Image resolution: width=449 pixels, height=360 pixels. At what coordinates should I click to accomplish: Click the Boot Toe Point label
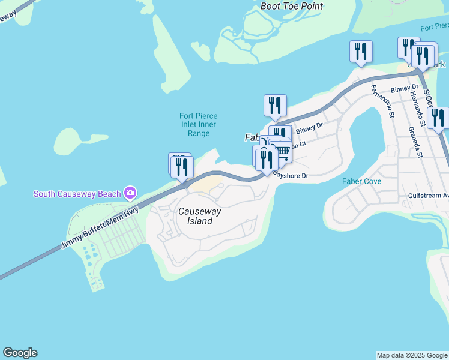292,6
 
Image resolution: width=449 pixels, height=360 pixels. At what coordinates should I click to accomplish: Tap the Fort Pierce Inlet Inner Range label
199,125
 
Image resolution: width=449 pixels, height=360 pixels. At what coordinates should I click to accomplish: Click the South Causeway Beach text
77,194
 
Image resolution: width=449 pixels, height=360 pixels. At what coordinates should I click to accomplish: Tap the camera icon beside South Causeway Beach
130,193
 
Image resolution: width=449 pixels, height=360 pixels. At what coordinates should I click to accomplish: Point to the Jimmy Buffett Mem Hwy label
99,228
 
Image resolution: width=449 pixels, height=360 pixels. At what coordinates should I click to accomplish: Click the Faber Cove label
362,181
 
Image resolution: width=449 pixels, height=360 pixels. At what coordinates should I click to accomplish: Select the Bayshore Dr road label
291,175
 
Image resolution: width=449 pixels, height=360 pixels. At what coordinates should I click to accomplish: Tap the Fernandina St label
383,100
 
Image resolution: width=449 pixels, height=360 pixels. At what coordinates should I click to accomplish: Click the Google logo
20,353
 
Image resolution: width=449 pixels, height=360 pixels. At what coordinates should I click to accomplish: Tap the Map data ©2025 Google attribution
412,355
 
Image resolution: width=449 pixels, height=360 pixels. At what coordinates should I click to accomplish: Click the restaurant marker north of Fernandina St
361,51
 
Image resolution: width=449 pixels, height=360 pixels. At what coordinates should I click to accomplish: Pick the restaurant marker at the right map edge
439,118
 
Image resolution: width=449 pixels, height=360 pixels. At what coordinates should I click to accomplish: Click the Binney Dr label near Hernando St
403,89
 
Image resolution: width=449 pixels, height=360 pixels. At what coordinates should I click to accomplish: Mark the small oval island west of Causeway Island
74,141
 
